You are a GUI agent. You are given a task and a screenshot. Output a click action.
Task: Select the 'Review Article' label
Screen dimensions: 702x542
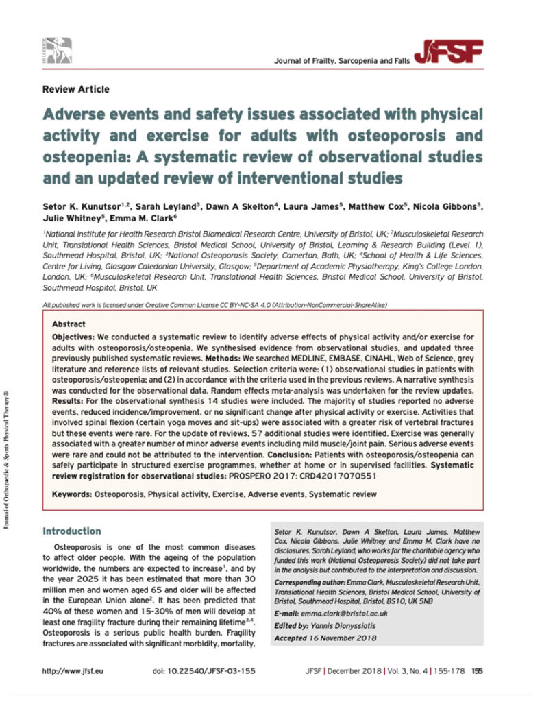pyautogui.click(x=75, y=89)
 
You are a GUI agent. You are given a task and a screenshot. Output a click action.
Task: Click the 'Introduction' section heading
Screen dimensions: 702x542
pyautogui.click(x=71, y=531)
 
